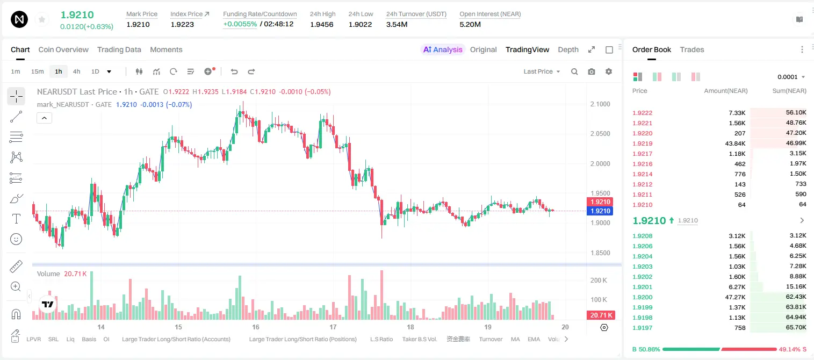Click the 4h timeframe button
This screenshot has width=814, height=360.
(76, 71)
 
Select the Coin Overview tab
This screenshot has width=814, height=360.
(63, 49)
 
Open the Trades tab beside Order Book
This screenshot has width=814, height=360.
(692, 49)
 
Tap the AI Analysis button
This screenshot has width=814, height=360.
(443, 49)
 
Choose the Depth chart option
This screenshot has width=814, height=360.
(568, 49)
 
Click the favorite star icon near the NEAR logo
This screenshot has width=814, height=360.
(42, 20)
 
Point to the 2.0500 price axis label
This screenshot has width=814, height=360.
(600, 134)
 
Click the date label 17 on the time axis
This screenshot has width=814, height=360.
(333, 327)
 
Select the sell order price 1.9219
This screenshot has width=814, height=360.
(643, 143)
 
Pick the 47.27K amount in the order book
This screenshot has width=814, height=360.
(735, 297)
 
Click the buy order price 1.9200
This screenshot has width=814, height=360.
(643, 297)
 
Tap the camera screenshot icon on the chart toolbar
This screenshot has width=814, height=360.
(592, 71)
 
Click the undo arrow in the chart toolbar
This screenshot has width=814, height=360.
(234, 71)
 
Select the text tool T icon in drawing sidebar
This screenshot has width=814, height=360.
(16, 219)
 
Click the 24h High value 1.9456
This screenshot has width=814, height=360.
(322, 24)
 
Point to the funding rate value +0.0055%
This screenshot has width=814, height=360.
(240, 24)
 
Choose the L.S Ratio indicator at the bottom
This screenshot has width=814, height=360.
(381, 339)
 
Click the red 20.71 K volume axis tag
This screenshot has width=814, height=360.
(600, 315)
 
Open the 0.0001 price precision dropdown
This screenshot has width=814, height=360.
(791, 77)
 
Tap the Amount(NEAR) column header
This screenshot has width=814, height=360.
(726, 91)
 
